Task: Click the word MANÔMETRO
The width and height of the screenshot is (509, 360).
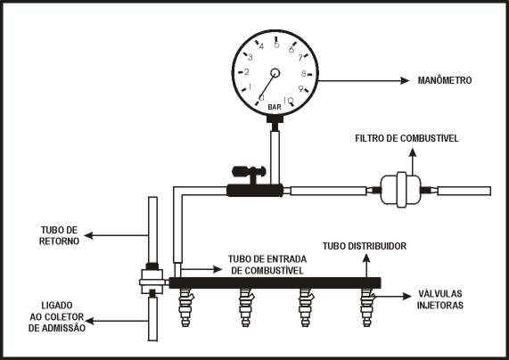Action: (x=445, y=80)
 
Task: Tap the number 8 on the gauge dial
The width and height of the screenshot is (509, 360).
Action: (x=303, y=74)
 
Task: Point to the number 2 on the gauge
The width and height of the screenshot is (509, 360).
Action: (x=246, y=72)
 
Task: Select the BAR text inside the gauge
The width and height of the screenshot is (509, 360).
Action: (x=275, y=107)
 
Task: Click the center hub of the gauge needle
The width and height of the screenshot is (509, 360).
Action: (x=275, y=73)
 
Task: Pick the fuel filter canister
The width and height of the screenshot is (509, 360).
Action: (x=401, y=190)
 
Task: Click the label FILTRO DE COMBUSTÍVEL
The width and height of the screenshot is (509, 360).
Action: (x=406, y=138)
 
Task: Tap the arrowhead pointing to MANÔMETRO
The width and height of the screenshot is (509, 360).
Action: (x=405, y=80)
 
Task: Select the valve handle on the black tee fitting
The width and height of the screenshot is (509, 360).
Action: (x=249, y=171)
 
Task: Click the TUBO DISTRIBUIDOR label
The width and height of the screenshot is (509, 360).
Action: (x=365, y=246)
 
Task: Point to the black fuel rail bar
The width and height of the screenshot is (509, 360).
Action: (x=275, y=282)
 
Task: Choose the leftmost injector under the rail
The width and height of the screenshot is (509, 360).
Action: (x=185, y=307)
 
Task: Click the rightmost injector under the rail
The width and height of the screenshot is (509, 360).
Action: (x=368, y=307)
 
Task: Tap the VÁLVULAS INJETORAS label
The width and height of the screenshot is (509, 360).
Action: (x=439, y=299)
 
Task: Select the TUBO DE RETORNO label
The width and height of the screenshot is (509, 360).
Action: (x=59, y=235)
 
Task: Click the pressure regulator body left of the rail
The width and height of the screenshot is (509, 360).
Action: (x=152, y=282)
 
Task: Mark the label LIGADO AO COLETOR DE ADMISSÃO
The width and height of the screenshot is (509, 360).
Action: (x=57, y=316)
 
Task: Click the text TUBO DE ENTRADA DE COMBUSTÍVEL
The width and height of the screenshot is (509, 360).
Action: (x=267, y=265)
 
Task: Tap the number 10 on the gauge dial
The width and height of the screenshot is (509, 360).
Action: (x=288, y=100)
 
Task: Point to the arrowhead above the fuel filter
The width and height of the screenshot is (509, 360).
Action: (x=412, y=153)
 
